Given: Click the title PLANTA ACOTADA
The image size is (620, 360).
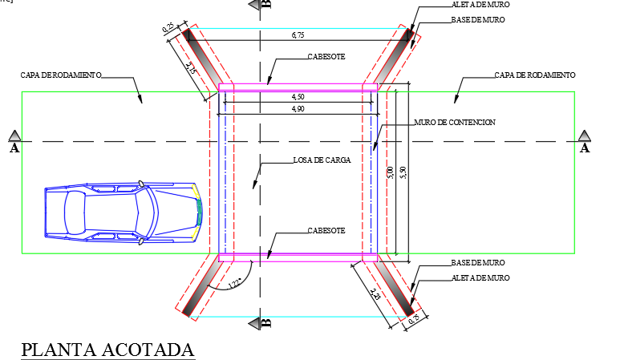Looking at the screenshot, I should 107,350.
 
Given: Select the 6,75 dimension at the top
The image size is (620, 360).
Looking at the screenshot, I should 298,36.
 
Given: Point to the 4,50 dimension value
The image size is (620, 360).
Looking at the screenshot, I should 298,96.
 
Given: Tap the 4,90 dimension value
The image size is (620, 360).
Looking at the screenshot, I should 298,107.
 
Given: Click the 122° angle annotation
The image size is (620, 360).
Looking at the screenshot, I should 234,283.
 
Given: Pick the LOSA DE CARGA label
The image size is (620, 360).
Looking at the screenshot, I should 322,160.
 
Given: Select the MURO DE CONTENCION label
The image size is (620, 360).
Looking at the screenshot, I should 455,123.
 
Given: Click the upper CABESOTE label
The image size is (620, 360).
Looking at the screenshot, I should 326,58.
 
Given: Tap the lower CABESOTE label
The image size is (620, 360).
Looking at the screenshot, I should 326,231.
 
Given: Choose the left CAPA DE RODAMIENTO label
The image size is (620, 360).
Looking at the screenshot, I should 61,75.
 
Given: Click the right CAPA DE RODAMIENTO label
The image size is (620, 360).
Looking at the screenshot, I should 535,75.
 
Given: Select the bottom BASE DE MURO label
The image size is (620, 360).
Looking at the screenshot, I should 478,263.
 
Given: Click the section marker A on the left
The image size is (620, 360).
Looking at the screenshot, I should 14,143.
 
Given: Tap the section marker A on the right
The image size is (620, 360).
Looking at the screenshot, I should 585,143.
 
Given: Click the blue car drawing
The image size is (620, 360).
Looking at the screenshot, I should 123,212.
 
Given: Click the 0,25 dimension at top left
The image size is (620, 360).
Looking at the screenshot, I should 169,28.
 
